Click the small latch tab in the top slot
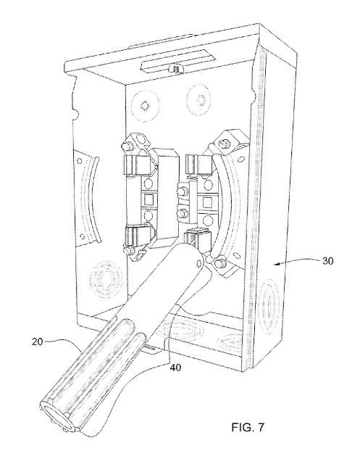click(172, 69)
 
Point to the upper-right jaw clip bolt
click(217, 139)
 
